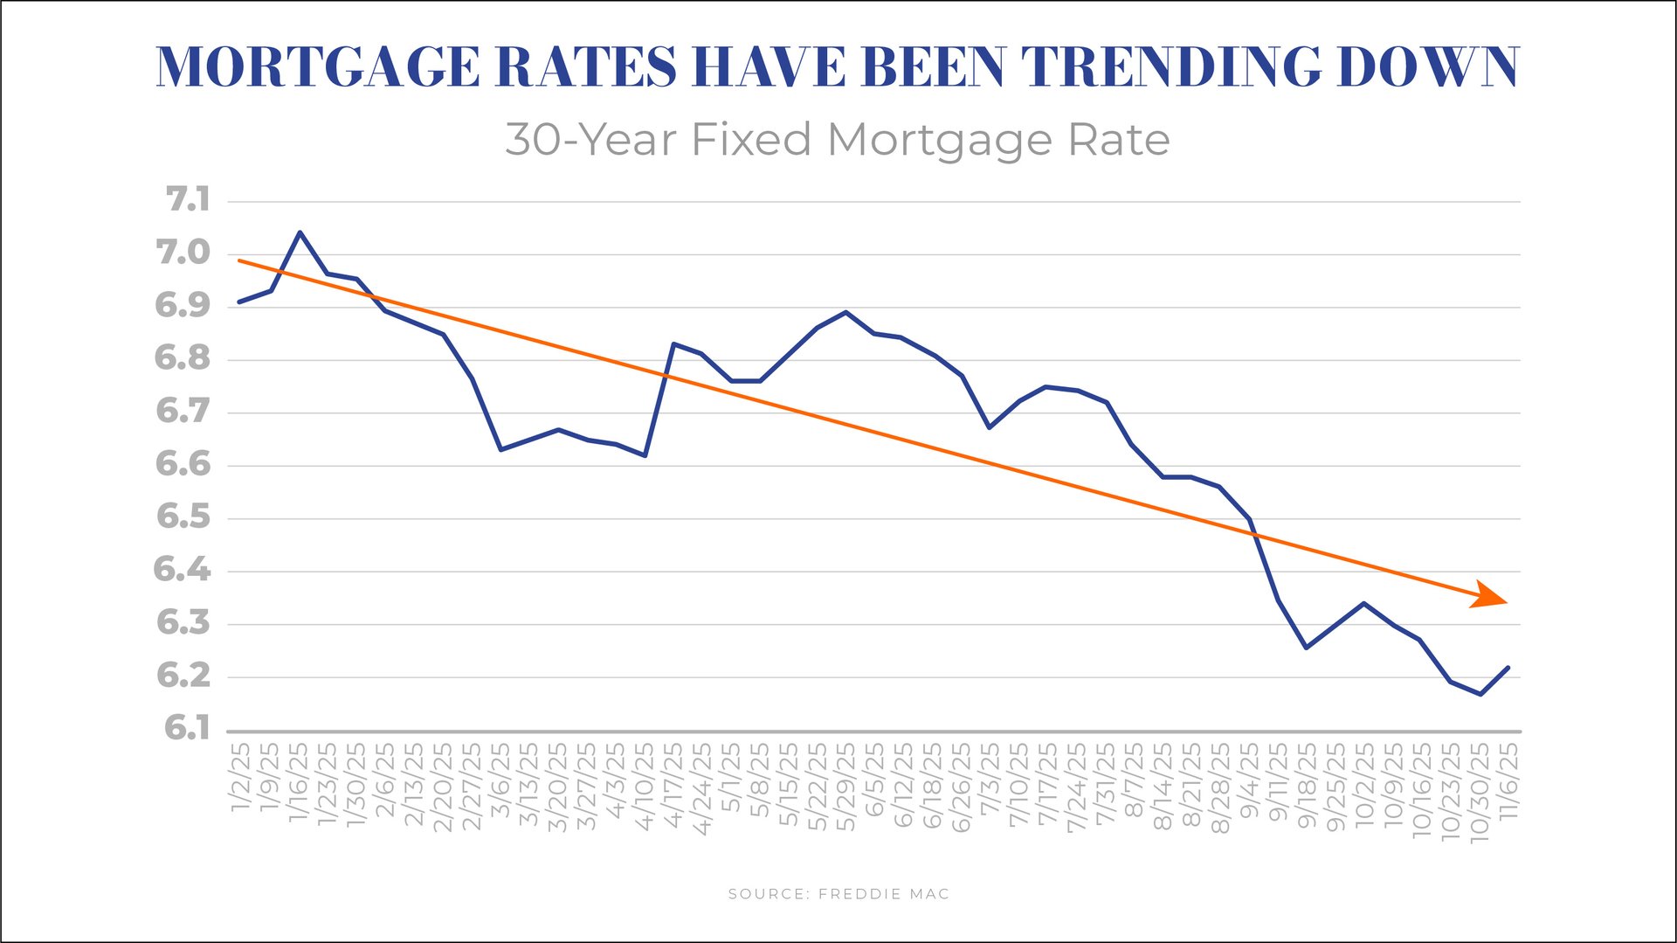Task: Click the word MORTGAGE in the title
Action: tap(318, 67)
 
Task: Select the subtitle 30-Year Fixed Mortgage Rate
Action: tap(837, 140)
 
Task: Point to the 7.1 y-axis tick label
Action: tap(188, 200)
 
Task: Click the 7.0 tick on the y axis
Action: tap(183, 253)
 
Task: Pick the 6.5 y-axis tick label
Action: tap(183, 517)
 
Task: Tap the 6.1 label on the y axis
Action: tap(187, 728)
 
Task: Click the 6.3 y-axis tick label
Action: tap(183, 623)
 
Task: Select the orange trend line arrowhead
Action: tap(1490, 596)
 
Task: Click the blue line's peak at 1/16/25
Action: tap(300, 232)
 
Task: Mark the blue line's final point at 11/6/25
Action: tap(1508, 668)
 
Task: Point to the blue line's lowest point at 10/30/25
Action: tap(1480, 694)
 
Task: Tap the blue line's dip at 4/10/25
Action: tap(645, 455)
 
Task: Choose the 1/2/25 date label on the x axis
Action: tap(241, 778)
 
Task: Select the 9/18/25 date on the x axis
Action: tap(1307, 785)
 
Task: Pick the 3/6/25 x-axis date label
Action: tap(500, 780)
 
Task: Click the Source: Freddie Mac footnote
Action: tap(838, 894)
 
